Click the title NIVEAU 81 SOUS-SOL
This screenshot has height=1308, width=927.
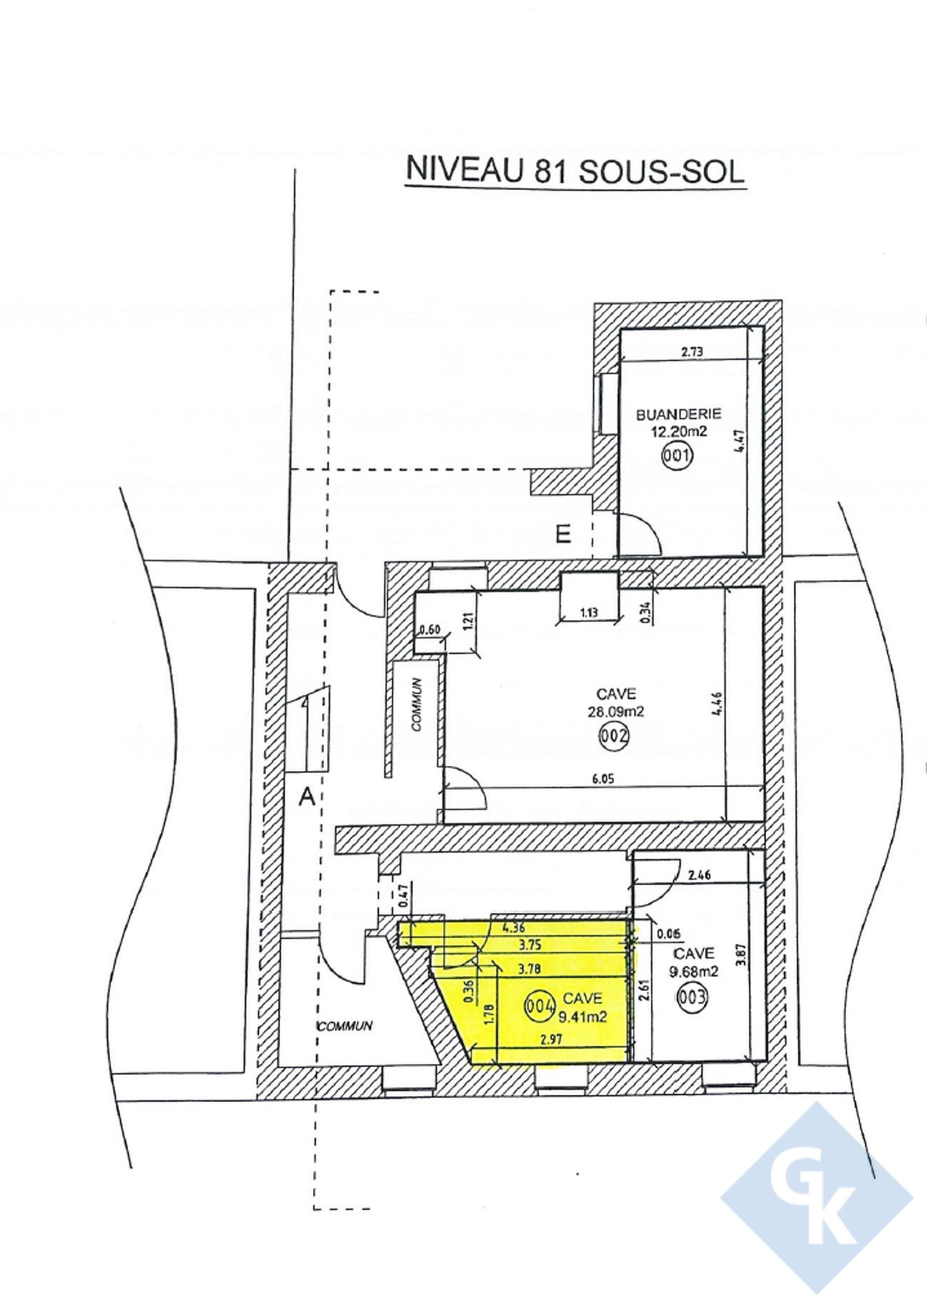[575, 171]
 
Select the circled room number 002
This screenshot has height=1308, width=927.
[613, 736]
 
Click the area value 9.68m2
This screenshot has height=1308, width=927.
[694, 972]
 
